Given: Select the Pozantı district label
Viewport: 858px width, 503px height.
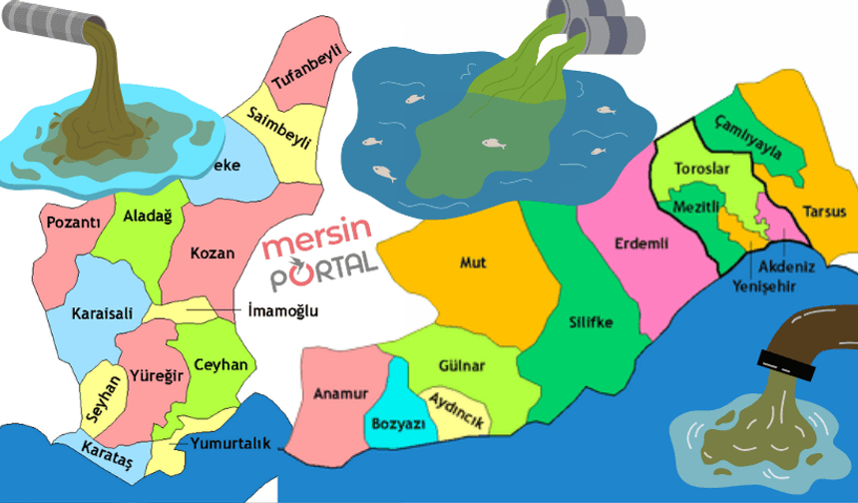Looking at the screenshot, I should point(74,222).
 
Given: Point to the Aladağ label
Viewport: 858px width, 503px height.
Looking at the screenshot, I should point(147,216).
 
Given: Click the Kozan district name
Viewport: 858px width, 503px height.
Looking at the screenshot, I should point(212,252).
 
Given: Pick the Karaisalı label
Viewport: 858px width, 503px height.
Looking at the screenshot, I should point(101,313).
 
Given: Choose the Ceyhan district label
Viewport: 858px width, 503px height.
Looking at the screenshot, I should point(220,364).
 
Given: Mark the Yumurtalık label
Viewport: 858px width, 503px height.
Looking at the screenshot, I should point(230,443).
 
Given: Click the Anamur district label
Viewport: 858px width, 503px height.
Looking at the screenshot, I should point(341,393).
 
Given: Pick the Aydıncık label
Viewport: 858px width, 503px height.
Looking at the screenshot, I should point(456,409).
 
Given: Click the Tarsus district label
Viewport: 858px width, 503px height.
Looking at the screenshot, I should point(824,212).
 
